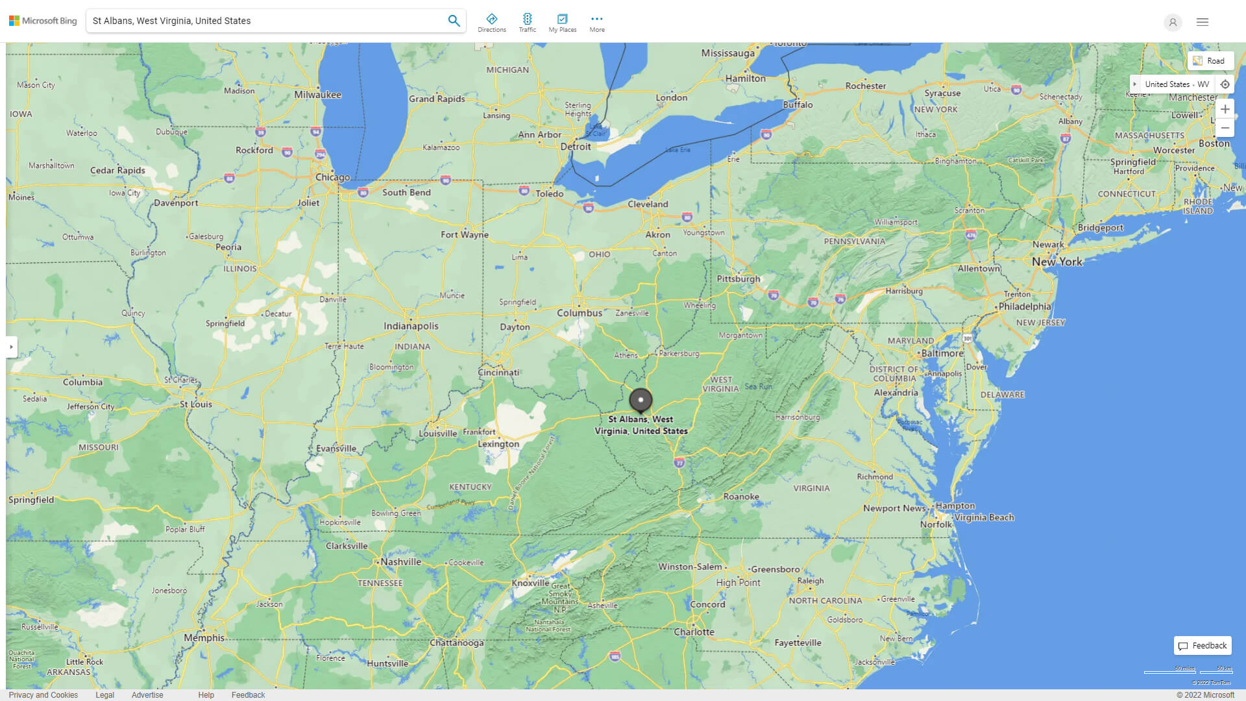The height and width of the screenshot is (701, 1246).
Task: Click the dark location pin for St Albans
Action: (641, 400)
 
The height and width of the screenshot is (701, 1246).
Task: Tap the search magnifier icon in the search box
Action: (454, 21)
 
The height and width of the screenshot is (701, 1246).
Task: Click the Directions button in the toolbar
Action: (491, 23)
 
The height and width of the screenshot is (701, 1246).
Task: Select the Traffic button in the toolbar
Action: (527, 23)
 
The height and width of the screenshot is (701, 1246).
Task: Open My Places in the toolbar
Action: (562, 23)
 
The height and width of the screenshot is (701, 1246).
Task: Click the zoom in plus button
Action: (1225, 109)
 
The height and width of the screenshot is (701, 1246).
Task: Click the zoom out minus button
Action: (1225, 128)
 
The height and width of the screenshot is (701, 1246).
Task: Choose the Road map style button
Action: (1210, 61)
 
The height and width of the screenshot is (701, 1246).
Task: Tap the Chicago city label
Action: (332, 177)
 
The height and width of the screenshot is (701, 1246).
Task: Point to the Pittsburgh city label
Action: (738, 279)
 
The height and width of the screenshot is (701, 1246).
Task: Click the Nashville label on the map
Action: (400, 562)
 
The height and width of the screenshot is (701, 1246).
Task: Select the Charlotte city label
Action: (694, 632)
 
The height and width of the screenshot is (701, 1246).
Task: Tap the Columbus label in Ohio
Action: (580, 313)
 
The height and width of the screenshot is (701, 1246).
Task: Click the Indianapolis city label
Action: (411, 326)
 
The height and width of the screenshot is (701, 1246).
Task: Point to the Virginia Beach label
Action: (984, 518)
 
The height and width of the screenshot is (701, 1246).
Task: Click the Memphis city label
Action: (204, 638)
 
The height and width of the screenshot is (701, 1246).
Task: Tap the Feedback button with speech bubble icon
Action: (1203, 646)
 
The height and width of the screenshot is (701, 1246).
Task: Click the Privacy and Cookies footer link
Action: (43, 695)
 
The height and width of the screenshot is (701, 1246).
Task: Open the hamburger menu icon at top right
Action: (1203, 22)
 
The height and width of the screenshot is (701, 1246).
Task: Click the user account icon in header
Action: (1173, 23)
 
